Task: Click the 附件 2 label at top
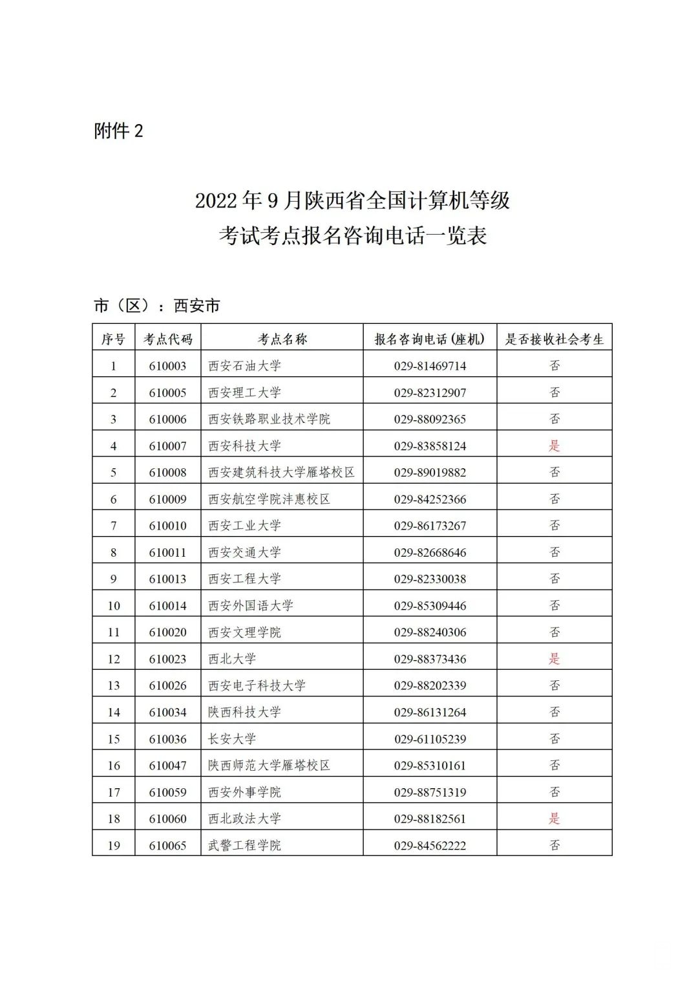[x=118, y=131]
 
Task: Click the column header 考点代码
[x=168, y=339]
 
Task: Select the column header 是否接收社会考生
[x=554, y=339]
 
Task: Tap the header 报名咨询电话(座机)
[x=430, y=339]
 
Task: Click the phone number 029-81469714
[x=430, y=366]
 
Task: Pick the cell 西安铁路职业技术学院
[x=269, y=419]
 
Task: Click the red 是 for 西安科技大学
[x=554, y=446]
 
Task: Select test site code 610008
[x=168, y=473]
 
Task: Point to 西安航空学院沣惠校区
[x=269, y=499]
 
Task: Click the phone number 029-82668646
[x=430, y=552]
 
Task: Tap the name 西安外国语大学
[x=251, y=606]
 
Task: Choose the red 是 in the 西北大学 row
[x=554, y=659]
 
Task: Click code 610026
[x=168, y=685]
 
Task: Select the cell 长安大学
[x=232, y=738]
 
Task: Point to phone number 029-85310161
[x=430, y=766]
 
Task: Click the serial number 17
[x=114, y=792]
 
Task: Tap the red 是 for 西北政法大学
[x=554, y=819]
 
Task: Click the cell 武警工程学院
[x=244, y=845]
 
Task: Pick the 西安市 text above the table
[x=197, y=306]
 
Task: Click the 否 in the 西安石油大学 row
[x=554, y=366]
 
